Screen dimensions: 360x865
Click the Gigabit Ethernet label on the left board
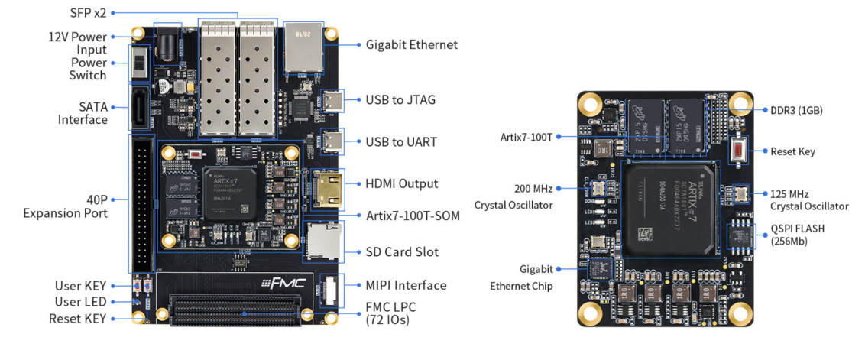411,44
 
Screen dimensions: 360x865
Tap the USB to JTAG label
401,99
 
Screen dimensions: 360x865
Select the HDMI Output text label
402,183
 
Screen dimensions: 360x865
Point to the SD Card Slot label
402,251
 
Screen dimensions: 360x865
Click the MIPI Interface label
406,285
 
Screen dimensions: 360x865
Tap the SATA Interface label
83,113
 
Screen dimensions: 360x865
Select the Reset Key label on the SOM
792,151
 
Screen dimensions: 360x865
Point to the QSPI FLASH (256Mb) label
797,235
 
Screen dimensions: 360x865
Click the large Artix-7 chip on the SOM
671,208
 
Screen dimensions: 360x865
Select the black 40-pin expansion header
142,202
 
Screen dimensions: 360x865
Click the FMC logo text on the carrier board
284,284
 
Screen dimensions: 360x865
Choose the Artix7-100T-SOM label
413,216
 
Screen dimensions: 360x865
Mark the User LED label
80,302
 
